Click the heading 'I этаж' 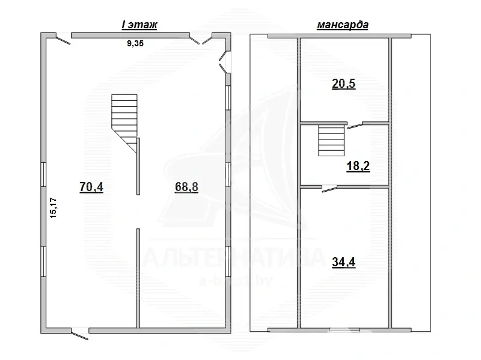139,25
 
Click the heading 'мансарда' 342,25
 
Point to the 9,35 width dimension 135,44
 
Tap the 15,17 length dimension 54,208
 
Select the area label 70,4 91,187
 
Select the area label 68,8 187,187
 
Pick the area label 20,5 344,84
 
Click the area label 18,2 358,166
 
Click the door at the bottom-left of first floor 79,332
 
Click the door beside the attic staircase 355,126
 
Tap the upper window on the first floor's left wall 44,178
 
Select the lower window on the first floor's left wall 44,261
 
